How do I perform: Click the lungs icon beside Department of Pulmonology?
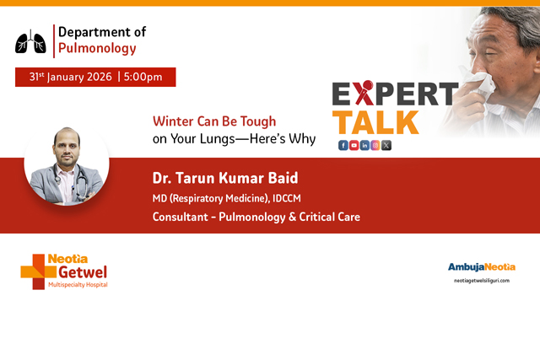click(x=31, y=40)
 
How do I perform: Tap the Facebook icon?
click(x=343, y=145)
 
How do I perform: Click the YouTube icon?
click(x=354, y=145)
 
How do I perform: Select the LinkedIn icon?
click(x=364, y=145)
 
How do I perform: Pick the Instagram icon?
click(x=375, y=145)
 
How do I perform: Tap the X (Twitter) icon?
click(x=386, y=145)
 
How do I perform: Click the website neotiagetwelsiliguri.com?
click(x=481, y=280)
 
